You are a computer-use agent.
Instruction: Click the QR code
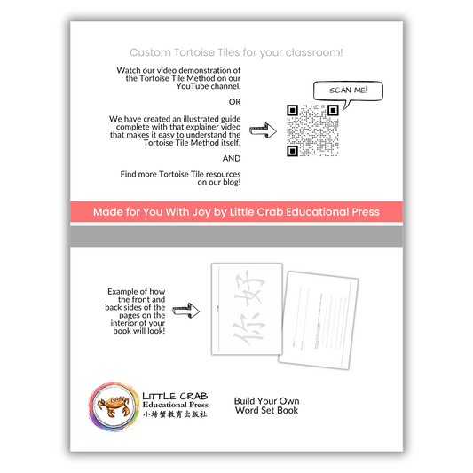point(312,130)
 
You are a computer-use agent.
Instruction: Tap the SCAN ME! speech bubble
point(348,91)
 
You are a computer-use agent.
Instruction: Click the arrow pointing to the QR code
point(263,130)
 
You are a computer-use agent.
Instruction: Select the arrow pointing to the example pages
point(185,311)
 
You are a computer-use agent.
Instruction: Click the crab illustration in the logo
point(114,406)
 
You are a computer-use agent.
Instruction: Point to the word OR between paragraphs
point(234,102)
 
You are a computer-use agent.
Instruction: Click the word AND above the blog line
point(232,158)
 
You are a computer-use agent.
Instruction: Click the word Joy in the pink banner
point(201,212)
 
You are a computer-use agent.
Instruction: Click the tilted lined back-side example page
point(319,320)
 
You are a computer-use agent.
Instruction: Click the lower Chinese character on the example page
point(248,329)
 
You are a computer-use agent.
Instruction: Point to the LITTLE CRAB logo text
point(175,396)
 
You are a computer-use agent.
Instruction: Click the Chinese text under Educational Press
point(175,414)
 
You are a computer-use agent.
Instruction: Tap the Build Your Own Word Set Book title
point(266,406)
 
